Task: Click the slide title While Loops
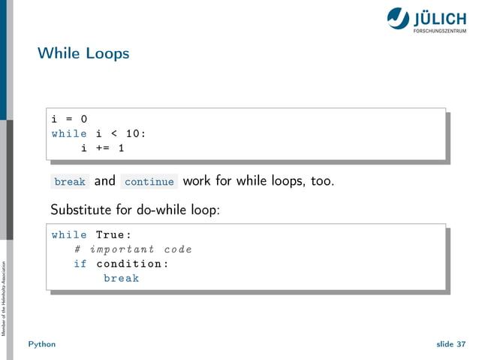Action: (83, 54)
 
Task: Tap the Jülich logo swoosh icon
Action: (398, 19)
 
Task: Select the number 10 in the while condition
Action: (132, 134)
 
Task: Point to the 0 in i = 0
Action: (83, 119)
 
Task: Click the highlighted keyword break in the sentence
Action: (70, 182)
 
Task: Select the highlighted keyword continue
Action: (149, 182)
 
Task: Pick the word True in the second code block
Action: (110, 234)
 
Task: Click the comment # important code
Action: (133, 250)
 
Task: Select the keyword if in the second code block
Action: (80, 264)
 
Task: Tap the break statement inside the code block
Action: (121, 278)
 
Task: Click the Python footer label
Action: (42, 344)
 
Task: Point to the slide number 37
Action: (460, 344)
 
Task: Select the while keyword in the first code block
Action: (69, 134)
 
